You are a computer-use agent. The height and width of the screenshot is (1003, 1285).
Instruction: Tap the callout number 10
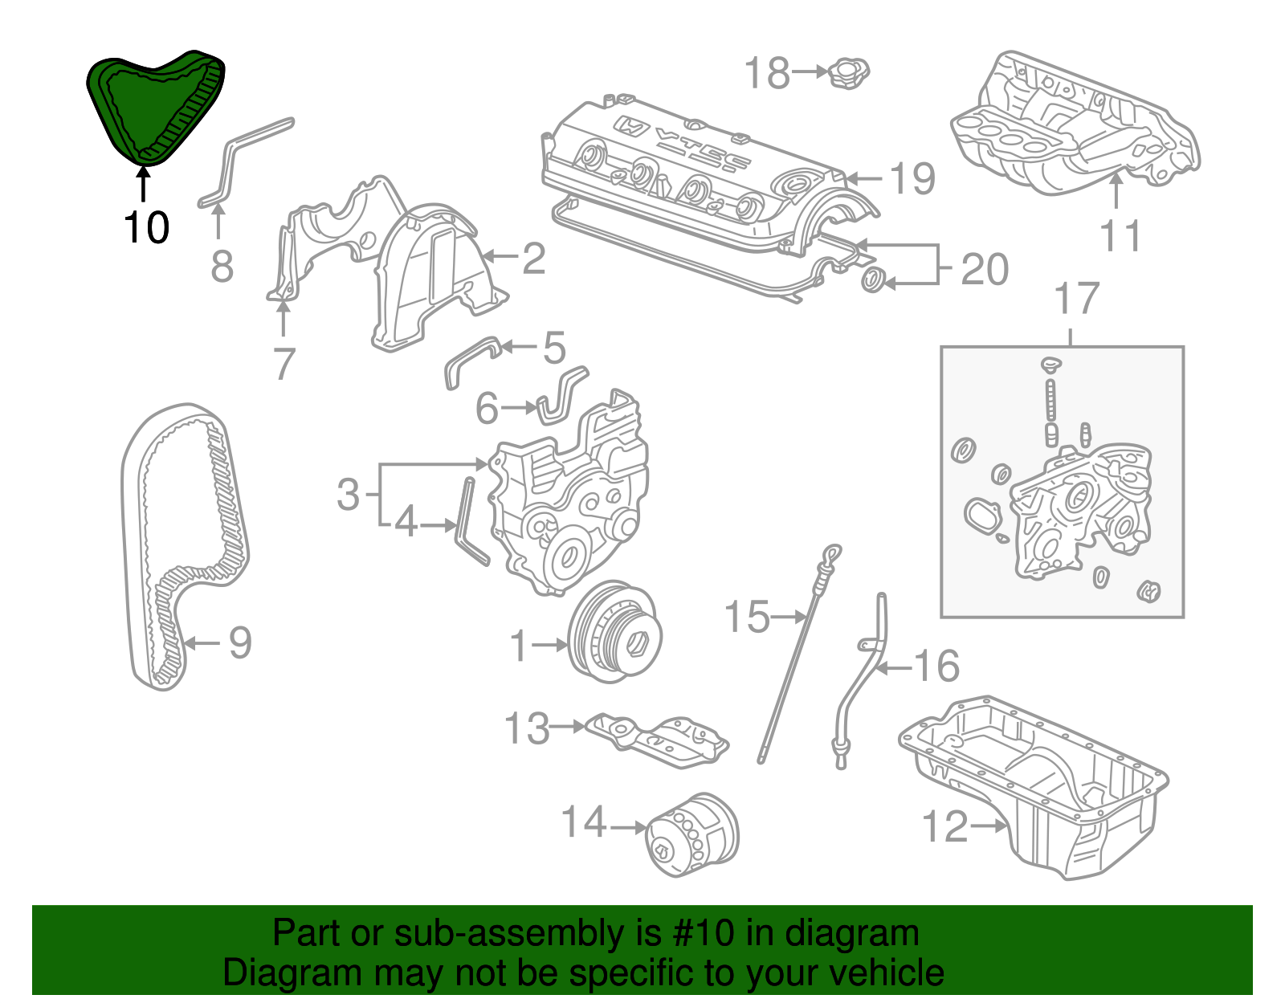click(146, 228)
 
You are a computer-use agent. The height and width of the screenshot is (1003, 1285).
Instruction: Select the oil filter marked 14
click(692, 835)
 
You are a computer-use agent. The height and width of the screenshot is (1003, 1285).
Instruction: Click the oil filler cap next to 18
click(848, 73)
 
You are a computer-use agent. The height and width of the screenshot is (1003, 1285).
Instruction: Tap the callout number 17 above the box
click(1075, 299)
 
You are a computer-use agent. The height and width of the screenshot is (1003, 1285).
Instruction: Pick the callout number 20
click(985, 269)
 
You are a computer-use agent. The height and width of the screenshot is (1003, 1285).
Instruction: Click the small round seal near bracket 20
click(873, 281)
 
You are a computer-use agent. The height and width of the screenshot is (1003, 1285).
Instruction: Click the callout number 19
click(912, 178)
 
